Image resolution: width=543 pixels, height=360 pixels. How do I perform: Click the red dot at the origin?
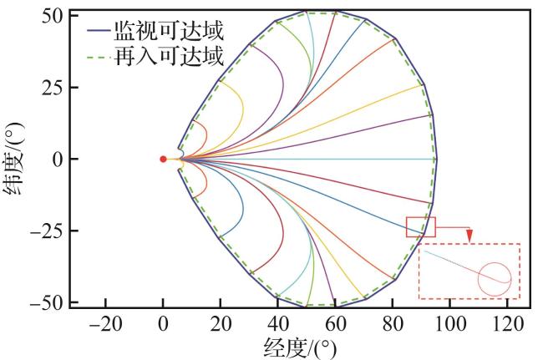point(163,159)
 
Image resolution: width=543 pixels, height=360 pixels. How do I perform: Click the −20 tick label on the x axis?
point(105,324)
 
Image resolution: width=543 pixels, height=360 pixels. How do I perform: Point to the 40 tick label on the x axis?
point(277,324)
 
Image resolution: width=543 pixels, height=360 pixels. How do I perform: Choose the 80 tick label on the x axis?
point(393,324)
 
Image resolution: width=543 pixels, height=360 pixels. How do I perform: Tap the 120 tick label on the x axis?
point(507,324)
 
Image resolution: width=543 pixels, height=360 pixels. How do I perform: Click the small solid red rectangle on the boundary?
point(421,226)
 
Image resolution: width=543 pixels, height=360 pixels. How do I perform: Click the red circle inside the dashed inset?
point(495,278)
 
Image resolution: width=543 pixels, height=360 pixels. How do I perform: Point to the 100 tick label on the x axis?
point(449,324)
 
